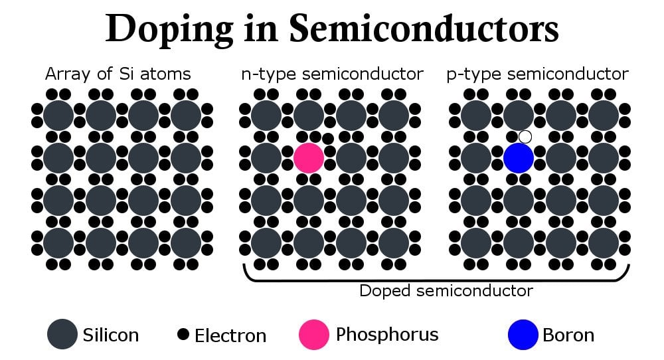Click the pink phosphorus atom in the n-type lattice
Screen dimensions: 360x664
point(309,158)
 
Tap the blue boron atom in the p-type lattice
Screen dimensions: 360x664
point(519,158)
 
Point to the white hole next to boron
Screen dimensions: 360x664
point(525,137)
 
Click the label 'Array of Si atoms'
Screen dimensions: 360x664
point(118,74)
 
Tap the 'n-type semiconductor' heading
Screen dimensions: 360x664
point(331,74)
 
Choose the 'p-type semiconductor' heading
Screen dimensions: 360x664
point(538,74)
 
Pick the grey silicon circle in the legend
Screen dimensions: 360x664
point(62,334)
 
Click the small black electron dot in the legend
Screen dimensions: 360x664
point(183,333)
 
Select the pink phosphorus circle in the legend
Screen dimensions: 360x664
point(314,334)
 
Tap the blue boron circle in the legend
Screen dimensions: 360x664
point(523,334)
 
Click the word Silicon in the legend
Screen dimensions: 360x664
point(111,335)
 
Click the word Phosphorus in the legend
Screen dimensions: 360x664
point(387,334)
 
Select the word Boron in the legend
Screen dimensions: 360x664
point(568,335)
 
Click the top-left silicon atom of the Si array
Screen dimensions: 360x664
point(58,116)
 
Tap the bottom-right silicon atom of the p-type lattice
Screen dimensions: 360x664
point(603,243)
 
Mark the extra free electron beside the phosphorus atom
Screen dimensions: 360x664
point(327,139)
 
